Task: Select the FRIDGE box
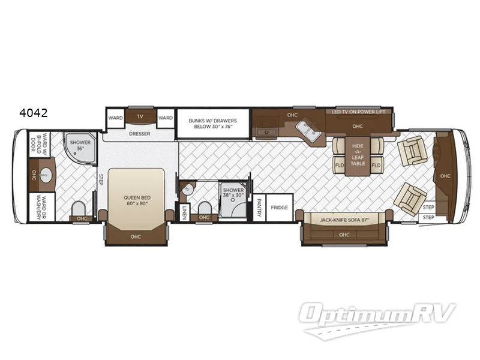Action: (x=280, y=208)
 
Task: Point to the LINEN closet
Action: (x=184, y=212)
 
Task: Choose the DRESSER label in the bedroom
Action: (x=139, y=134)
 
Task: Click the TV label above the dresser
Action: (x=140, y=117)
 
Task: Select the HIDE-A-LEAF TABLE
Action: (x=358, y=155)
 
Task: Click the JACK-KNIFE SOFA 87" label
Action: (x=344, y=221)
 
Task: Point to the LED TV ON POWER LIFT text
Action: (x=359, y=112)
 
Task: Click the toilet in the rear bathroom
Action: (x=79, y=208)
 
